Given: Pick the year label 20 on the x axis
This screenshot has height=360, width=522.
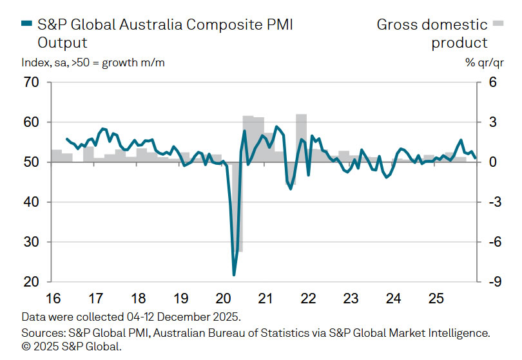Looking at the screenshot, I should pos(223,299).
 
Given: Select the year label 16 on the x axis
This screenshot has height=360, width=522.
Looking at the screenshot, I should pos(53,299).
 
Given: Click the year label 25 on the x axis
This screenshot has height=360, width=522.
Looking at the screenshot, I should pos(436,299).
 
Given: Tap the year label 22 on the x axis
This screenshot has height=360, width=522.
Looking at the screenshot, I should pos(308,299).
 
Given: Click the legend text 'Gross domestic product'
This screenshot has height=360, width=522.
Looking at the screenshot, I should pos(432,33).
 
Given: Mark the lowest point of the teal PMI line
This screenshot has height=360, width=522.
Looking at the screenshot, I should pos(234,275).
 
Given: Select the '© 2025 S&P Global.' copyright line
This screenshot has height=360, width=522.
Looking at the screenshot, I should pos(72,347).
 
